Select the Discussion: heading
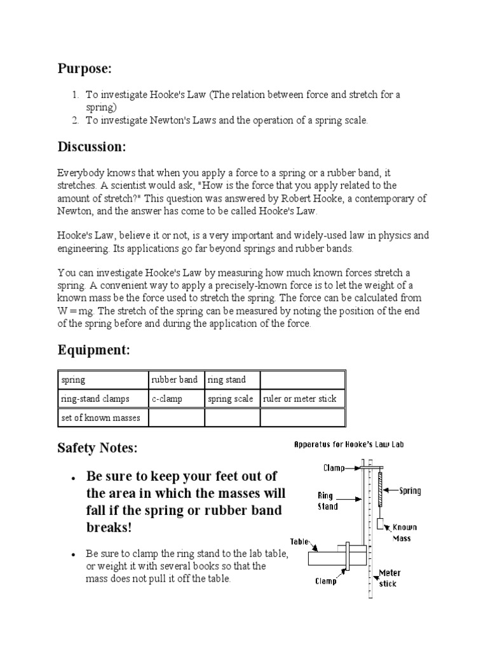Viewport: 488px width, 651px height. (92, 147)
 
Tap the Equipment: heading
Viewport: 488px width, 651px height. (93, 350)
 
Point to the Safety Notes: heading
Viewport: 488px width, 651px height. (97, 448)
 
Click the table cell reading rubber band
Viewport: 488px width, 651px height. (175, 380)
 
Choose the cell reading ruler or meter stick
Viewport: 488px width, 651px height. (300, 399)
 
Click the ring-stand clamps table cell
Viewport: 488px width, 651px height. (95, 399)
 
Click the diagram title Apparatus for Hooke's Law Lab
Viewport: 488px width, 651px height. (348, 445)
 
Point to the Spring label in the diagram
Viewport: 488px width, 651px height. (410, 491)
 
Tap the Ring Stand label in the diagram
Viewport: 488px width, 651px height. (328, 501)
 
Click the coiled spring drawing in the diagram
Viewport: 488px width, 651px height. (380, 487)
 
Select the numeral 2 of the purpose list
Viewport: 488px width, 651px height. (74, 120)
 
